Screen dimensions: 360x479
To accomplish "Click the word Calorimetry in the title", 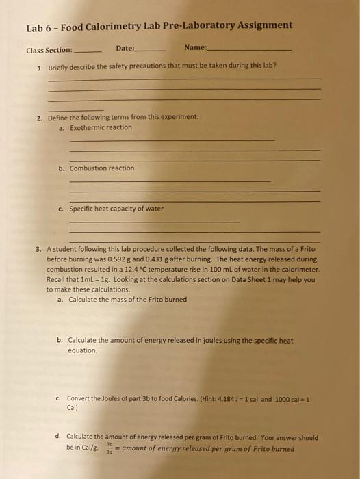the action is point(115,26).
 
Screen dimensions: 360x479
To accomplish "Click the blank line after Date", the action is point(151,51).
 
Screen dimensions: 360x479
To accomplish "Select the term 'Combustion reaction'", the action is point(102,168).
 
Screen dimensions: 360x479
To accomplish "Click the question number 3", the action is point(40,250).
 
